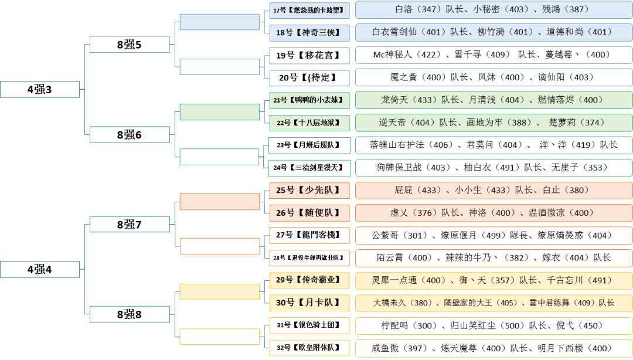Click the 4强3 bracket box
coord(40,89)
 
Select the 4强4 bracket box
coord(40,269)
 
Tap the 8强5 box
coord(130,45)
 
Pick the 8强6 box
coord(130,134)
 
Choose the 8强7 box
coord(130,224)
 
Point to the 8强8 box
coord(130,314)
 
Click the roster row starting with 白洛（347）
coord(494,9)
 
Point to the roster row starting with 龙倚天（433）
coord(494,100)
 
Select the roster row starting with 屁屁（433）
coord(494,190)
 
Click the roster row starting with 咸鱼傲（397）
coord(494,348)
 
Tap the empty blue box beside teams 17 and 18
coord(219,22)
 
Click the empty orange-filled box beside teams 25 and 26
coord(219,202)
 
